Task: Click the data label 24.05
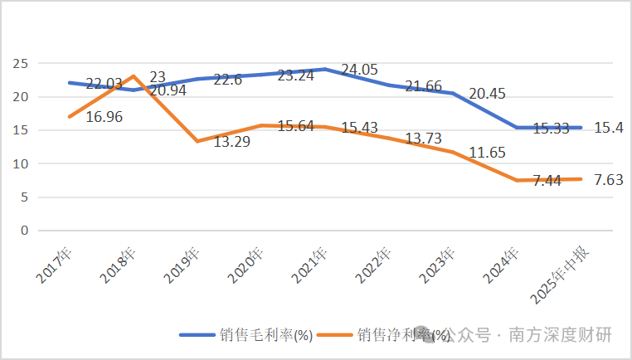[x=360, y=71]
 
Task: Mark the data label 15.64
[x=297, y=125]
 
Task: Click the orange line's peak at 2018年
[x=133, y=76]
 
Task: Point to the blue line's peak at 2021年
[x=324, y=69]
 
